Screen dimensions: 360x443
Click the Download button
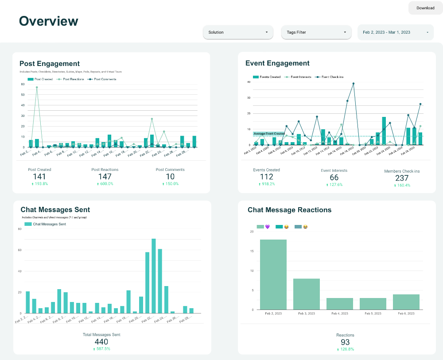click(425, 8)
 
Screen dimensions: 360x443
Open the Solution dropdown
click(238, 32)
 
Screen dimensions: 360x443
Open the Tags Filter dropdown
click(316, 32)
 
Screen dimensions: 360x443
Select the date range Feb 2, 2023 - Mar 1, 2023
click(395, 32)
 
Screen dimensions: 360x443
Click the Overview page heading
click(48, 21)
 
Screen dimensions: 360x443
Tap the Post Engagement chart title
click(50, 64)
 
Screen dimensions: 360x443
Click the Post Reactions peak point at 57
click(37, 87)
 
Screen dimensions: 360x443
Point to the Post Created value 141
click(39, 177)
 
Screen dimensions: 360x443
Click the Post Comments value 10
click(170, 177)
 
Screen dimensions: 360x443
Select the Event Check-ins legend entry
click(330, 77)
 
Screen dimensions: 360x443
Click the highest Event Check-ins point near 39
click(354, 83)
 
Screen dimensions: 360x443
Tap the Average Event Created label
click(269, 134)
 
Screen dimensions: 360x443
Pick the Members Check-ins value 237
click(402, 178)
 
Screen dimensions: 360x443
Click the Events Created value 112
click(266, 177)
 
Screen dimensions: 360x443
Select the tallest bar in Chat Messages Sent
click(154, 276)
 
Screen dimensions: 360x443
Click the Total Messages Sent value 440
click(101, 341)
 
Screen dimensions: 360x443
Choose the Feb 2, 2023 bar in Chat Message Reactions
click(273, 275)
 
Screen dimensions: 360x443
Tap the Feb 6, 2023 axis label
click(406, 314)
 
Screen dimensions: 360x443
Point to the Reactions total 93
click(345, 342)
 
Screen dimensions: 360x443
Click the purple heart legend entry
click(263, 227)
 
